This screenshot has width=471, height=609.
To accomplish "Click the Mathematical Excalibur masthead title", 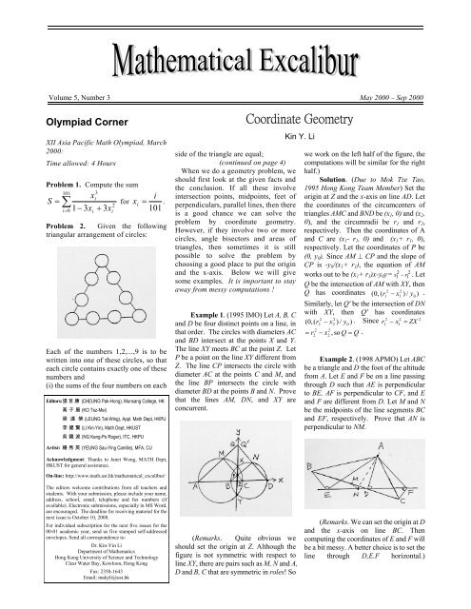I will point(235,38).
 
